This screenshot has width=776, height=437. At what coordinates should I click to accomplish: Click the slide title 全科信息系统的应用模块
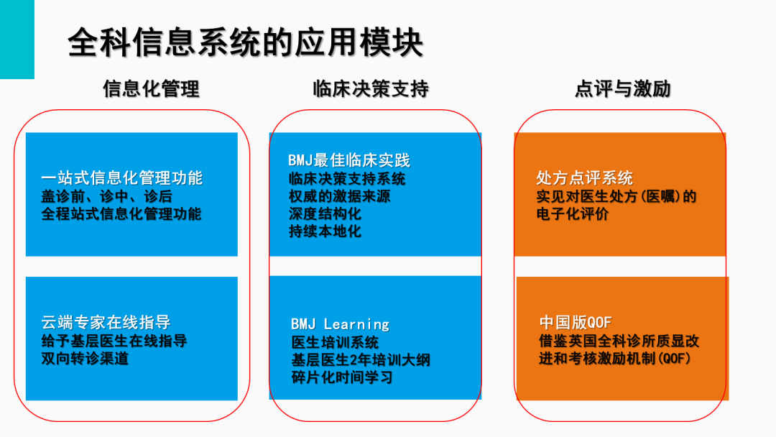point(246,43)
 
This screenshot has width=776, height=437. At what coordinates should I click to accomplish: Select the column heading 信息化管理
point(152,89)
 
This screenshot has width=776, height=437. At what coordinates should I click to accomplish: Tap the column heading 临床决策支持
point(371,89)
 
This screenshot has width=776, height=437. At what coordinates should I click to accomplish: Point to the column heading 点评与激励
point(622,89)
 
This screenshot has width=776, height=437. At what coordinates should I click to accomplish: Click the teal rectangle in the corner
point(17,39)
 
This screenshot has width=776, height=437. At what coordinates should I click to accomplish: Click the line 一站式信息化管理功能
point(121,178)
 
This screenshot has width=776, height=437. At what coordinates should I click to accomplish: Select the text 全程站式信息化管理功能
point(121,213)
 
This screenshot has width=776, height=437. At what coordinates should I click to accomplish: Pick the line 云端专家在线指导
point(106,323)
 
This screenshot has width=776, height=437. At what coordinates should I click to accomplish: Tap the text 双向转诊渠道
point(85,359)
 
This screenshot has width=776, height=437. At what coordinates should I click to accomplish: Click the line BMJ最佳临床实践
point(349,160)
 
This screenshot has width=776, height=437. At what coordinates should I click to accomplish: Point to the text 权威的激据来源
point(339,196)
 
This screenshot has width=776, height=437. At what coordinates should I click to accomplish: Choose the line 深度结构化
point(325,213)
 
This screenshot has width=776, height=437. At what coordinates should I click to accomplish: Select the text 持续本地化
point(325,231)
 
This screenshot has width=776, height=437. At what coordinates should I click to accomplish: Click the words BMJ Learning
point(341,324)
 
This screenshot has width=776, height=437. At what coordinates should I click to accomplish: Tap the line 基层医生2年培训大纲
point(361,360)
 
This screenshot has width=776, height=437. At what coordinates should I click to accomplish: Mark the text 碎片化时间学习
point(342,377)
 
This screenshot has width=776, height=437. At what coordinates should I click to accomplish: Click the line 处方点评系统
point(584,178)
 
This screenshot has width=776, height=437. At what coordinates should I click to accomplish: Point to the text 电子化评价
point(573,213)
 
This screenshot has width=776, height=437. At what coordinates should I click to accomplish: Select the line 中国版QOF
point(576,323)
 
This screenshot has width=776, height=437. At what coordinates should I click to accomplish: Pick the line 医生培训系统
point(335,342)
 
